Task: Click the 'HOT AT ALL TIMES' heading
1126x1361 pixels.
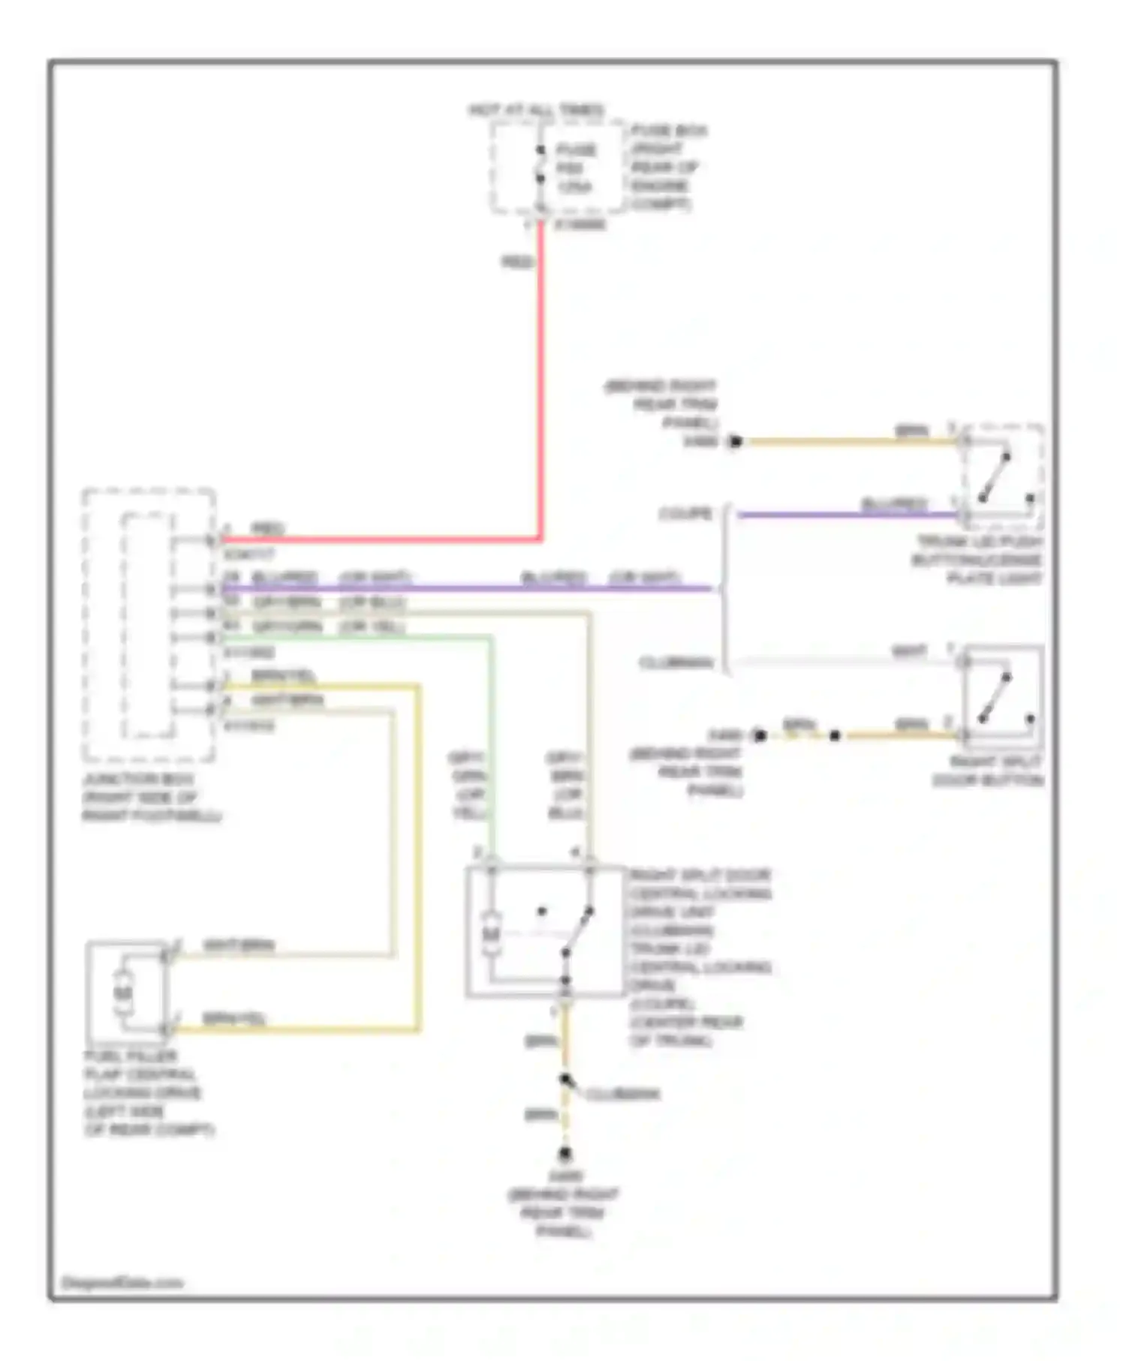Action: (x=536, y=111)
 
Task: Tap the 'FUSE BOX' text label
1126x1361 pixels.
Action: (x=669, y=131)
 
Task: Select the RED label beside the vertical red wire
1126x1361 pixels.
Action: (x=517, y=262)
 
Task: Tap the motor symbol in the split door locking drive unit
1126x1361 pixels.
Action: (x=491, y=934)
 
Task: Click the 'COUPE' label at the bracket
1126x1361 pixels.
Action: (x=685, y=514)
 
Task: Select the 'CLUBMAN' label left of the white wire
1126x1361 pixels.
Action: (x=676, y=662)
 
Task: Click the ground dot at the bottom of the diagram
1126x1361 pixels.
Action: (x=565, y=1153)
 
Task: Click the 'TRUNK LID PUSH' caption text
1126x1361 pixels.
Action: (x=980, y=542)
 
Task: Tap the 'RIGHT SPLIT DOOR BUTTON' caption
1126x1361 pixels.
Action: (x=988, y=771)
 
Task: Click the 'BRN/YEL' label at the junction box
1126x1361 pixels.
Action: (x=283, y=676)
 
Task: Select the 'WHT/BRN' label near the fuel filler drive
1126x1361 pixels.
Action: (x=239, y=945)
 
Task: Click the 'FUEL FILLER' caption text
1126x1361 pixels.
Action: (x=131, y=1056)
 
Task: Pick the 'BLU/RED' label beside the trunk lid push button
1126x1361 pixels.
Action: (x=894, y=503)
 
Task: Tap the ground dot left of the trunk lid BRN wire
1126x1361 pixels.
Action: (x=736, y=442)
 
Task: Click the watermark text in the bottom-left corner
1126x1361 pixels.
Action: (x=122, y=1283)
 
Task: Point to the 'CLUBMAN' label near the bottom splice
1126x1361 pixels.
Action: (x=622, y=1095)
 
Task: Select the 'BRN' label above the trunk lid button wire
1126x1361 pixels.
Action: (x=911, y=431)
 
